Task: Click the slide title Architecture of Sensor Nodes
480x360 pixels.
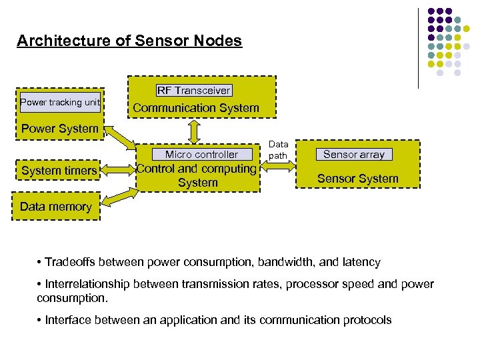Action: coord(129,41)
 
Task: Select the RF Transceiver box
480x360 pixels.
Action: coord(194,90)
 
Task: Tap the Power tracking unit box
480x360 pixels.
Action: coord(60,102)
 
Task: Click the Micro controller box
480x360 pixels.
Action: coord(201,154)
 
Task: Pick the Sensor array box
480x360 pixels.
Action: coord(353,154)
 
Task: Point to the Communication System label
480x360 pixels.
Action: coord(196,107)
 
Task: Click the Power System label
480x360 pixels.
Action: coord(60,129)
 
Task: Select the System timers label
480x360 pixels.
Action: coord(59,171)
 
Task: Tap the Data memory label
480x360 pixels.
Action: coord(55,207)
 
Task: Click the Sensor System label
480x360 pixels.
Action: coord(357,178)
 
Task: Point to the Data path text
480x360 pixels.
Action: coord(278,150)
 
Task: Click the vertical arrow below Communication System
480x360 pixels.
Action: coord(194,130)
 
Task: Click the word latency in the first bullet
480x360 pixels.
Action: coord(361,262)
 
